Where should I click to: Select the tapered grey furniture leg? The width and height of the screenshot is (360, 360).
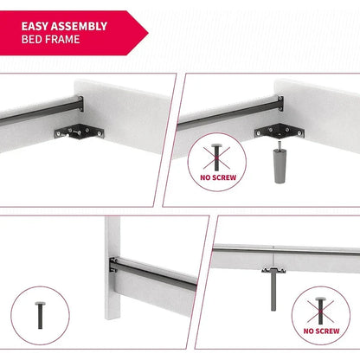(x=279, y=166)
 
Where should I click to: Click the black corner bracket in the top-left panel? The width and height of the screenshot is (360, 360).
(x=80, y=132)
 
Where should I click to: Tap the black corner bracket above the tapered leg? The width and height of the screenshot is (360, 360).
(x=280, y=132)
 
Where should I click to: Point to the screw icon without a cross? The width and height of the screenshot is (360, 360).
(x=40, y=315)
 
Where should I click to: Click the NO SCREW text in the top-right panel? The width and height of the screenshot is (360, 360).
(x=218, y=177)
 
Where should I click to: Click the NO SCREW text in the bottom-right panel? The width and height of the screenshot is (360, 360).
(x=321, y=331)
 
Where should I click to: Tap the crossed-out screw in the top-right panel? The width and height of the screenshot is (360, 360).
(x=216, y=157)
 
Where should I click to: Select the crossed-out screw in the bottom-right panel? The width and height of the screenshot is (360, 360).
(x=320, y=311)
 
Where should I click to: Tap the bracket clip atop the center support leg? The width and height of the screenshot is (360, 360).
(x=273, y=270)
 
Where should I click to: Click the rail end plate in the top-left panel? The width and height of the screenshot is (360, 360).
(x=80, y=104)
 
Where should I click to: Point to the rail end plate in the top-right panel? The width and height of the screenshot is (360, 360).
(x=280, y=103)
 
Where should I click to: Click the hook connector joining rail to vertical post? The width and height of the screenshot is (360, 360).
(x=113, y=265)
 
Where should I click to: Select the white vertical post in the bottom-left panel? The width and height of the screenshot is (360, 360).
(x=112, y=267)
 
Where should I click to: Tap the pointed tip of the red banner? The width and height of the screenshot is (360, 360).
(x=148, y=33)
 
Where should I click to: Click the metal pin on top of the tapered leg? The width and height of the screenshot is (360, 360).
(x=279, y=145)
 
